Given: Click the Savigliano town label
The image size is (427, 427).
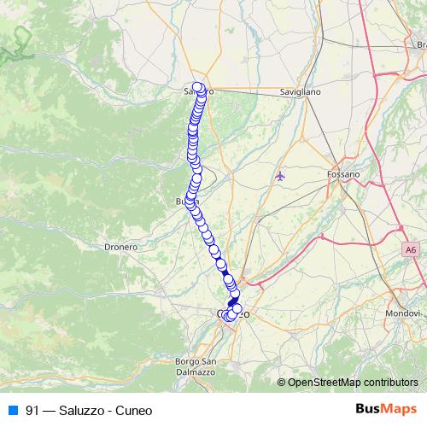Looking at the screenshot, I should click(x=301, y=91).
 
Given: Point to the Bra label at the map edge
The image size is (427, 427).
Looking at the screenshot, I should click(x=418, y=44).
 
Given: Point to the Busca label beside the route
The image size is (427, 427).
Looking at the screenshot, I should click(x=182, y=202).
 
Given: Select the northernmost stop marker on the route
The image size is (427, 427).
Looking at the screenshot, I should click(x=198, y=86).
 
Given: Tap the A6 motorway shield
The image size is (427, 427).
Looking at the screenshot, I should click(x=412, y=249).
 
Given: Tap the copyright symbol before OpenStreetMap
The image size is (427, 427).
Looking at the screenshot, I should click(x=282, y=382).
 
